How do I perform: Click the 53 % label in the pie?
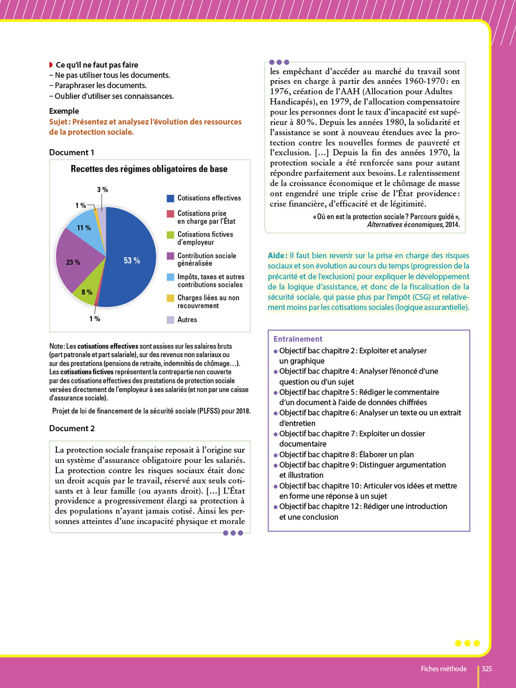tap(132, 261)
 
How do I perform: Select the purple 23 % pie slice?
tap(76, 259)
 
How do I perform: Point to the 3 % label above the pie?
tap(102, 189)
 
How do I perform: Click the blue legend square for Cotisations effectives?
tap(170, 198)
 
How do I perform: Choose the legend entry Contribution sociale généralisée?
tap(206, 259)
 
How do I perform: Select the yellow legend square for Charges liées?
tap(170, 298)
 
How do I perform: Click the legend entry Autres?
tap(187, 320)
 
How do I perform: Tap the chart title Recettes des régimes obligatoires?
tap(149, 169)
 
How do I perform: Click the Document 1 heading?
tap(72, 152)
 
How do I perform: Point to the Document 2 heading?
tap(72, 428)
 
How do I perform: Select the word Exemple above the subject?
tap(64, 111)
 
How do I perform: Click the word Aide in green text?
tap(277, 255)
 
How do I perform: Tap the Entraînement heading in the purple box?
tap(298, 339)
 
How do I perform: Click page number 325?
tap(487, 669)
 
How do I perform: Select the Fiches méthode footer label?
tap(444, 669)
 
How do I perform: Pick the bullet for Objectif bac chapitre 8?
tap(276, 455)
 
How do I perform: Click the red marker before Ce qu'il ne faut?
tap(51, 65)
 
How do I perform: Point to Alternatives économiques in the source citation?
tap(405, 225)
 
